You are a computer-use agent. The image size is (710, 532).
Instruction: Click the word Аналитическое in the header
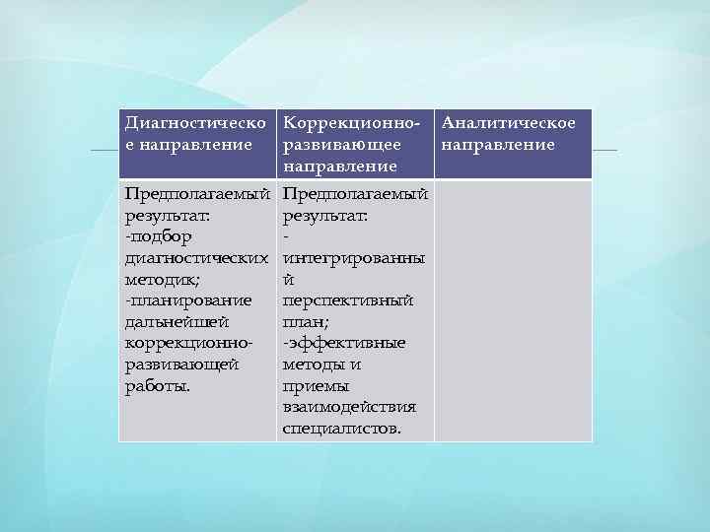coord(509,124)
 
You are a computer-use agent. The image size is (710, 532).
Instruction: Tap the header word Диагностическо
coord(195,124)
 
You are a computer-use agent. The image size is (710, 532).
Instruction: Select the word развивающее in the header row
coord(341,146)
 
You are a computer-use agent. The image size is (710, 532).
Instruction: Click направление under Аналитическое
coord(499,146)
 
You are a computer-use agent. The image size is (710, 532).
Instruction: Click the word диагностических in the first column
coord(196,258)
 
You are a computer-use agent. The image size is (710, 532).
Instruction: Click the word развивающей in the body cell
coord(181,365)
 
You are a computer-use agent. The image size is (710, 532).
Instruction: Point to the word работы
coord(156,385)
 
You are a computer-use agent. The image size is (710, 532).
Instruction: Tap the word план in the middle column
coord(304,321)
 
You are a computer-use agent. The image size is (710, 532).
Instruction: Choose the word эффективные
coord(346,343)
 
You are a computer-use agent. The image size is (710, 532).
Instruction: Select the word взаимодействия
coord(349,407)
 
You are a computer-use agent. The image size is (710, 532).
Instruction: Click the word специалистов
coord(341,429)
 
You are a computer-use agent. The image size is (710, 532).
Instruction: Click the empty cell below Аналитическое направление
coord(513,310)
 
